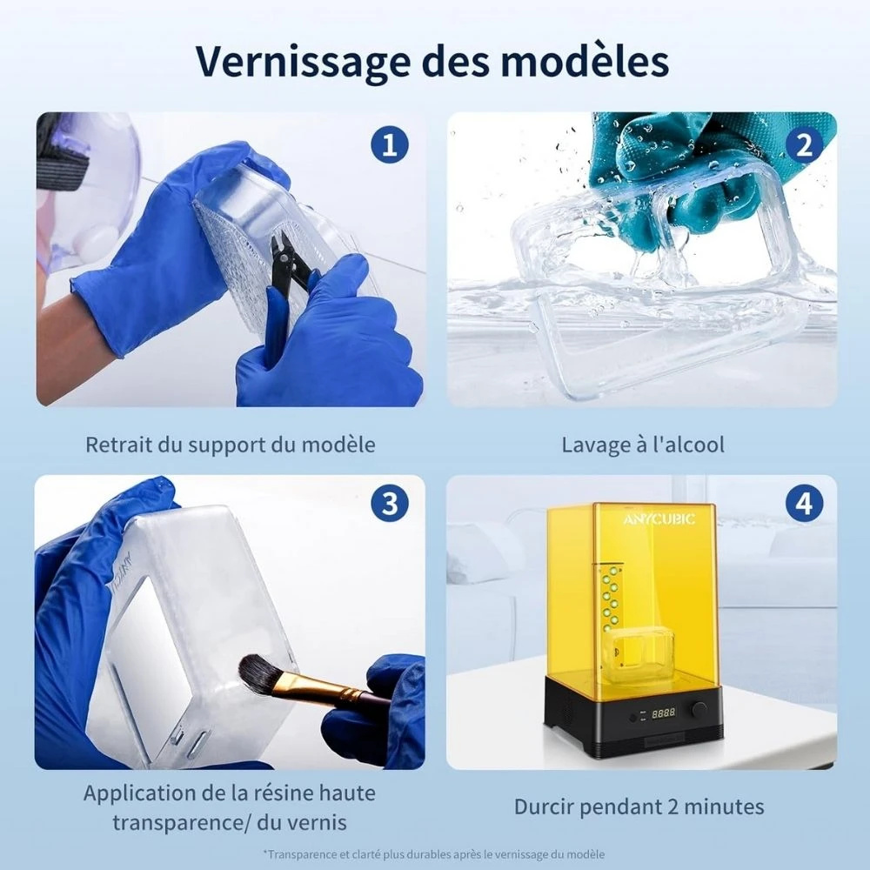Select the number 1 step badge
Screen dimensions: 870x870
coord(390,144)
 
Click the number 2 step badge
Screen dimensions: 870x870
coord(804,144)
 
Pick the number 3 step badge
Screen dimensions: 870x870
coord(390,504)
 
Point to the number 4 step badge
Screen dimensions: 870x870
coord(804,504)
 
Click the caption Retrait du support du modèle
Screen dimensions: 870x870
coord(231,445)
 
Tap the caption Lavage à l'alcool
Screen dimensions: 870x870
coord(643,445)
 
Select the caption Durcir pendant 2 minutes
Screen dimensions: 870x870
coord(639,806)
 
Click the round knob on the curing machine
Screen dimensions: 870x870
coord(699,709)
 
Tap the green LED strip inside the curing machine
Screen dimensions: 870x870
coord(611,598)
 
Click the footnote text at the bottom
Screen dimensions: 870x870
coord(434,854)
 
